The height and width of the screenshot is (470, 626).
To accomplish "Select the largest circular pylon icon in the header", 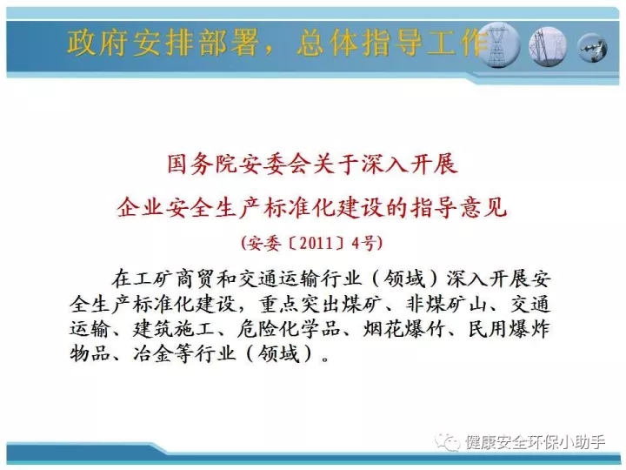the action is (499, 45).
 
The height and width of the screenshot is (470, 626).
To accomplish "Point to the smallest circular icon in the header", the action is (592, 48).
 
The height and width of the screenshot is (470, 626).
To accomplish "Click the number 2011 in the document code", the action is (316, 243).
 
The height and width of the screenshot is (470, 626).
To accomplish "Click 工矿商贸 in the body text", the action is (174, 279).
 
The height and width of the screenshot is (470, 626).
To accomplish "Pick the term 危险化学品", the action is (289, 329).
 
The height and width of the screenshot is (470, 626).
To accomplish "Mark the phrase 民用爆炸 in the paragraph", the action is (509, 329).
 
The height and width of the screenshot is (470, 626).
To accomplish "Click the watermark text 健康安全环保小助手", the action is (535, 442).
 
